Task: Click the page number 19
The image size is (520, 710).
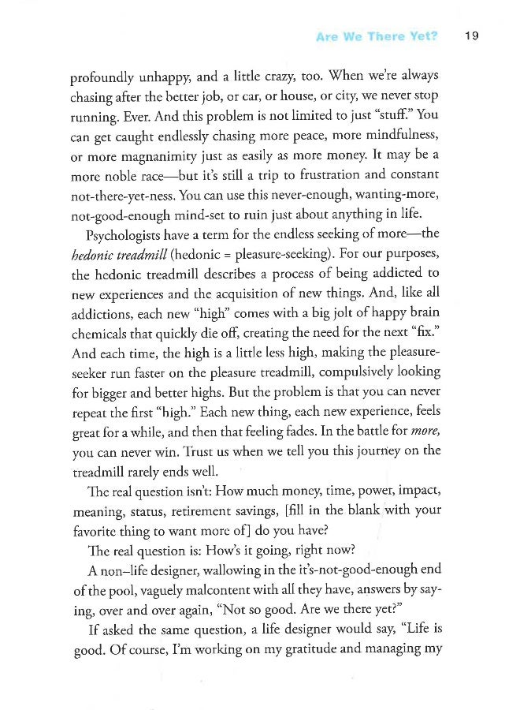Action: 472,36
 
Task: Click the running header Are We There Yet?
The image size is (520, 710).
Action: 377,36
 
